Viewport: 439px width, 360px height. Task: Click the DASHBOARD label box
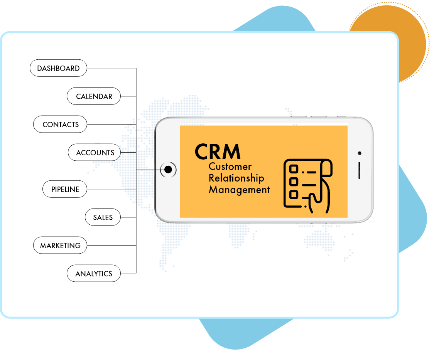(58, 68)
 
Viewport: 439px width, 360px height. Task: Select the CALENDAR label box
(94, 96)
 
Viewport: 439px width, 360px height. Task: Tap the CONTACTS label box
(60, 124)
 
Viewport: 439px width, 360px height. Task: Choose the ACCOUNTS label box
(95, 153)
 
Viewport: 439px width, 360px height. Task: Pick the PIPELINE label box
(65, 189)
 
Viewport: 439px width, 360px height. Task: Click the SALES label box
(103, 217)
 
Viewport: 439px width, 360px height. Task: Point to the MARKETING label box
(60, 246)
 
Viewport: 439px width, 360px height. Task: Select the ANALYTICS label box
(94, 274)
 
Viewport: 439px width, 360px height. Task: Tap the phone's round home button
(168, 170)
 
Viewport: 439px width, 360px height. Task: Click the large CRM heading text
(218, 151)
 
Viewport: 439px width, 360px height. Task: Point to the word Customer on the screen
(230, 167)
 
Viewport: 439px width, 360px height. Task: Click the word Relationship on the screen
(236, 178)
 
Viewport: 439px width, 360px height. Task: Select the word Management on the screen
(239, 190)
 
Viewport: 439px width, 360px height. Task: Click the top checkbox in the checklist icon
(294, 169)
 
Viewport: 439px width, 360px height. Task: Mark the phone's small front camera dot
(360, 153)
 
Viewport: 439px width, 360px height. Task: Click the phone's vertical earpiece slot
(360, 170)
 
